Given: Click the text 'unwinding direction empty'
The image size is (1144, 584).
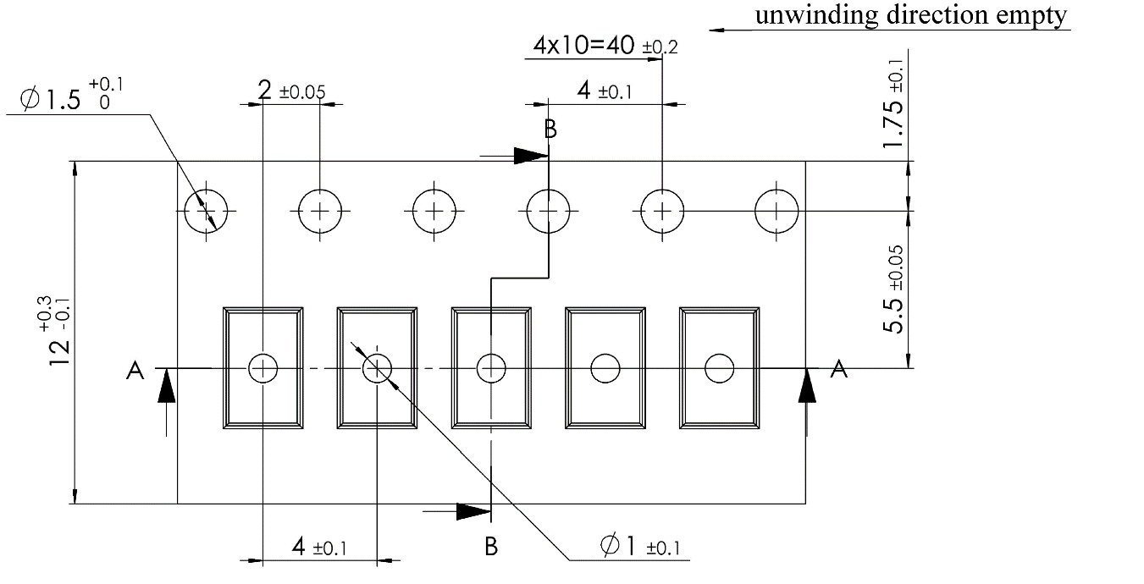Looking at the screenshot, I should pyautogui.click(x=911, y=16).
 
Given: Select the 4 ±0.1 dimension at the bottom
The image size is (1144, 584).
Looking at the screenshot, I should pyautogui.click(x=318, y=548).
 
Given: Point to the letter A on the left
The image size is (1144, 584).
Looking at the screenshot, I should pyautogui.click(x=135, y=370).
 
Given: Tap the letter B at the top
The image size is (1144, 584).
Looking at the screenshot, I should pyautogui.click(x=550, y=129).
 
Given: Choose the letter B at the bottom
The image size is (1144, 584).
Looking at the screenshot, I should pyautogui.click(x=491, y=546).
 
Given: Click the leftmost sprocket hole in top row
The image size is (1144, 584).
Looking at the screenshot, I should pyautogui.click(x=207, y=210).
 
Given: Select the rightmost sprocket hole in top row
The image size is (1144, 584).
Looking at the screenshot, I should pyautogui.click(x=776, y=210).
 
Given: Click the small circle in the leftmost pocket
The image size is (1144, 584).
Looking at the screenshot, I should pyautogui.click(x=263, y=368).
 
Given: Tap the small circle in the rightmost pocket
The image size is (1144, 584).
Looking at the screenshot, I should pyautogui.click(x=719, y=368).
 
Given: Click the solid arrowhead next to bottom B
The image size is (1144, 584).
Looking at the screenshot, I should pyautogui.click(x=473, y=511).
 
